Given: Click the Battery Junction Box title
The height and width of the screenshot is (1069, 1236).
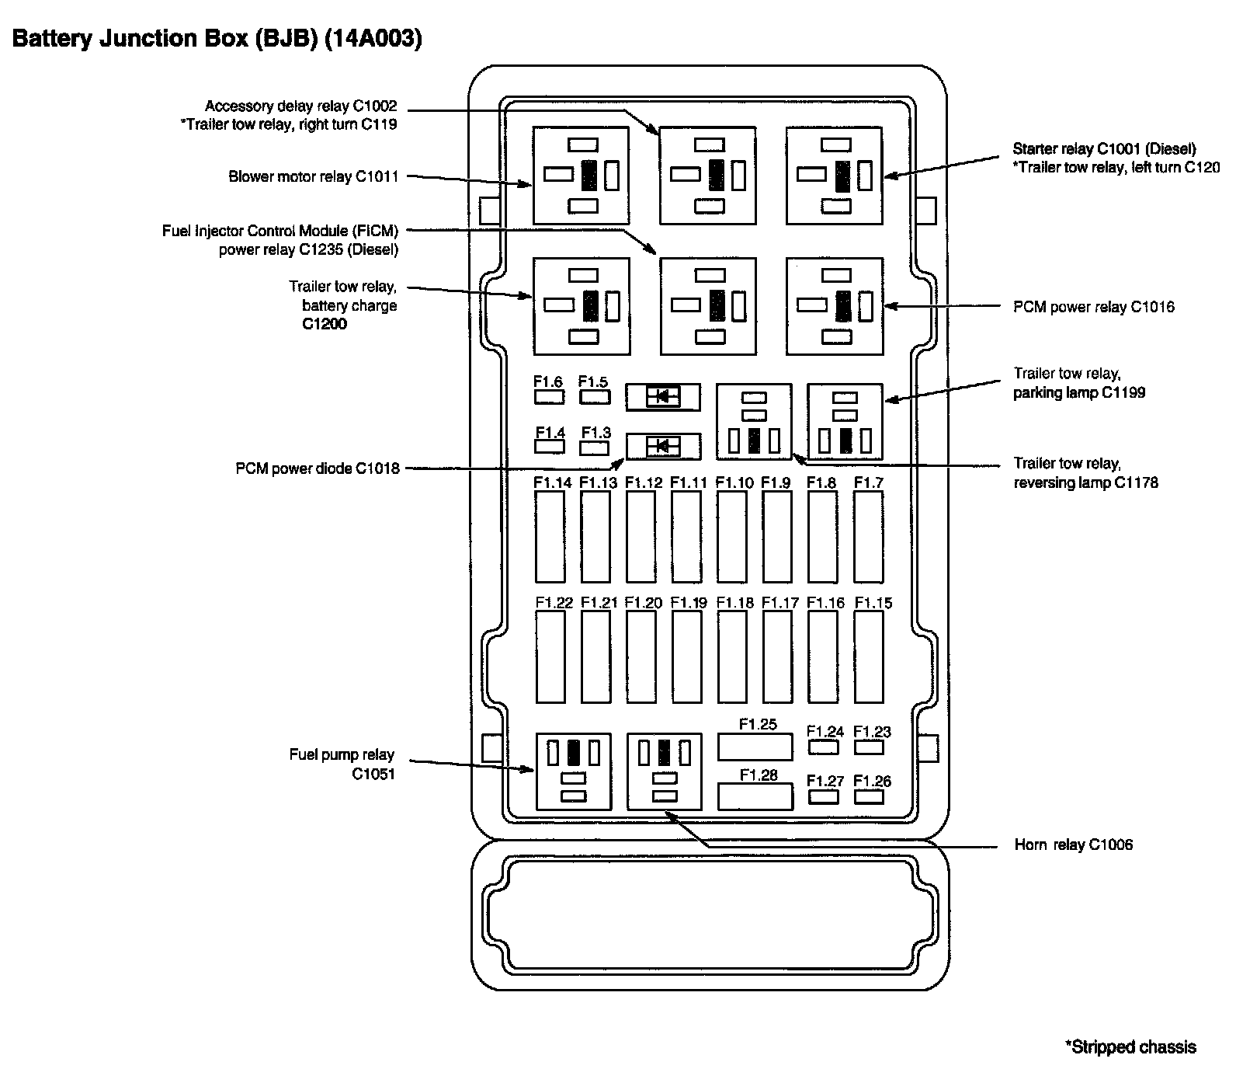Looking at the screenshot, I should [x=217, y=40].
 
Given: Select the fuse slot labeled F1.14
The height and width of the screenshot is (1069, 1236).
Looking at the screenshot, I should [x=550, y=536].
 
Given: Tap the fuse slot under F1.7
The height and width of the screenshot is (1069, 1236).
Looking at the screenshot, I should [x=868, y=536].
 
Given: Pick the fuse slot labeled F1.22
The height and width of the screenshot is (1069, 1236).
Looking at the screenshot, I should [x=550, y=656].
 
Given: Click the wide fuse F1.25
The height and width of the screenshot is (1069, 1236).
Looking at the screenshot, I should [x=755, y=747].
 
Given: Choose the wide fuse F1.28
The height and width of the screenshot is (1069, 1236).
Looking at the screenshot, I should [x=755, y=796].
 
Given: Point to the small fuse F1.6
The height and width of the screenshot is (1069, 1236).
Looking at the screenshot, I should [x=549, y=396].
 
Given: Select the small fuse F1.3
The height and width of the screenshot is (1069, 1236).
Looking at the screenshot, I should [x=595, y=447].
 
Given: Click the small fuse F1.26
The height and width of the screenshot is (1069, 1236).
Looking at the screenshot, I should [x=869, y=797].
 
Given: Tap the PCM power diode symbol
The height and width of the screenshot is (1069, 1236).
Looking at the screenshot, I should [x=663, y=447].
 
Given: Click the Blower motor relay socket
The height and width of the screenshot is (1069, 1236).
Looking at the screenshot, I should [x=580, y=175].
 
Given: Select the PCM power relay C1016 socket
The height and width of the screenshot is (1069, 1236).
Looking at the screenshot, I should [x=834, y=305].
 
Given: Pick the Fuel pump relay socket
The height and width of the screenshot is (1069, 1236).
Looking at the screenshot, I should [x=573, y=771].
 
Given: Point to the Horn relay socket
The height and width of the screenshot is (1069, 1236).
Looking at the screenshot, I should [x=664, y=771].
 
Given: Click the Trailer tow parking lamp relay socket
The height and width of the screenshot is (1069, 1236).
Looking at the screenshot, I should [x=845, y=420].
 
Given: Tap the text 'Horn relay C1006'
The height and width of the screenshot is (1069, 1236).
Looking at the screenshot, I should [x=1073, y=844].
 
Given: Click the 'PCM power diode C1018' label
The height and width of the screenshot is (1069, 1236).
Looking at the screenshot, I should [x=318, y=468].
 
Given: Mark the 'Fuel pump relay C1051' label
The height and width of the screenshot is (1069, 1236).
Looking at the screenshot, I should [x=342, y=764].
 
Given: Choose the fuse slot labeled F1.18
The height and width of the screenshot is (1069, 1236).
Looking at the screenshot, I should [x=732, y=656].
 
